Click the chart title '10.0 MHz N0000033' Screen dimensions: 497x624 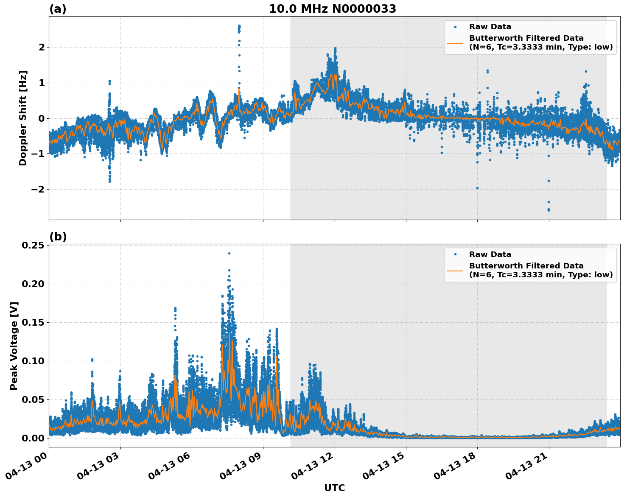coord(332,9)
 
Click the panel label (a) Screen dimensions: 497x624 coord(58,9)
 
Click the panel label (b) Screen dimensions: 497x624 coord(58,237)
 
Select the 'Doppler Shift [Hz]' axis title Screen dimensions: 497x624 coord(23,118)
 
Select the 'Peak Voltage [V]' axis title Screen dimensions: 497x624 coord(14,346)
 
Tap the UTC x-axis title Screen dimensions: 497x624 coord(334,488)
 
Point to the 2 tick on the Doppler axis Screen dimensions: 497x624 coord(42,47)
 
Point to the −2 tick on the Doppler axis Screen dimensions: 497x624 coord(38,189)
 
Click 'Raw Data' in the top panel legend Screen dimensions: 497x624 coord(490,27)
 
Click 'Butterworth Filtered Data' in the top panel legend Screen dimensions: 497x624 coord(526,38)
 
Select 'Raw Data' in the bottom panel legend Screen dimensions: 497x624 coord(490,254)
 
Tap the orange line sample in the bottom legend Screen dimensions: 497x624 coord(455,271)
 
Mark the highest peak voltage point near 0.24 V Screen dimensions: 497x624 coord(229,253)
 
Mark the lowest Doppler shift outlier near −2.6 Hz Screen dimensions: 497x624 coord(548,210)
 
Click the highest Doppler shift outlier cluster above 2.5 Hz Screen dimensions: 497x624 coord(239,27)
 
